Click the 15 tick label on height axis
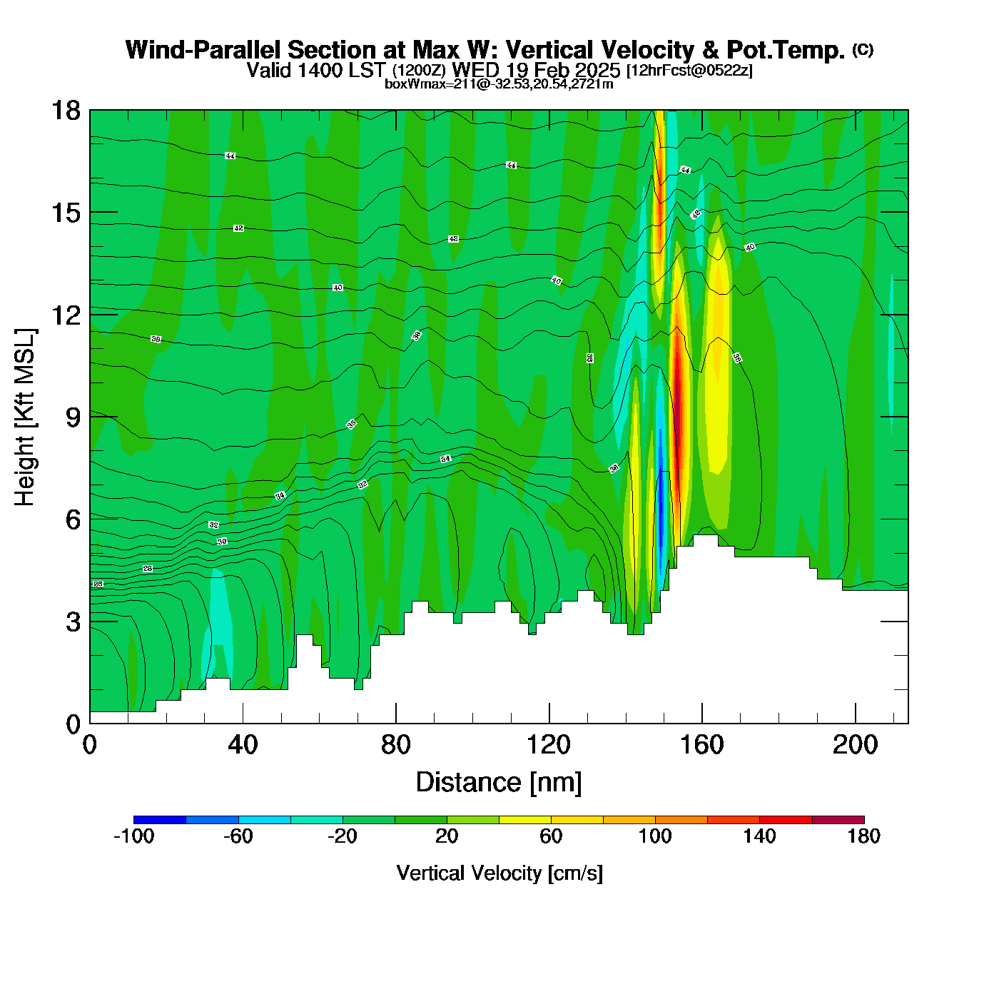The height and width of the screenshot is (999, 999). pyautogui.click(x=66, y=213)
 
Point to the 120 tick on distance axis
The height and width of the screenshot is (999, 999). pyautogui.click(x=549, y=745)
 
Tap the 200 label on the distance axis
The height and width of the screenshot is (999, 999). pyautogui.click(x=855, y=745)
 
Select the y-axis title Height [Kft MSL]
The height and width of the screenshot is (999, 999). pyautogui.click(x=26, y=417)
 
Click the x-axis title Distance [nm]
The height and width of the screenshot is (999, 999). pyautogui.click(x=499, y=783)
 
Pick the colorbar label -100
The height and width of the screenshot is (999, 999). pyautogui.click(x=133, y=836)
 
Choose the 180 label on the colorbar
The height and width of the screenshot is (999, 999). pyautogui.click(x=863, y=836)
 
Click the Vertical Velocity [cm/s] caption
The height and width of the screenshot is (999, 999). pyautogui.click(x=499, y=873)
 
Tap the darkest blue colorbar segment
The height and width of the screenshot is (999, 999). pyautogui.click(x=160, y=820)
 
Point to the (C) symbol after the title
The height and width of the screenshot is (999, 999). pyautogui.click(x=863, y=49)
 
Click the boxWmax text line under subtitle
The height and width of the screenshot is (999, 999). pyautogui.click(x=499, y=83)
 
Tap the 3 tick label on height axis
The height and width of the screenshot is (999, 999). pyautogui.click(x=73, y=622)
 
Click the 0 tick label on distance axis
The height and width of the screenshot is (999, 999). pyautogui.click(x=90, y=745)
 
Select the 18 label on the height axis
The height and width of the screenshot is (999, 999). pyautogui.click(x=66, y=111)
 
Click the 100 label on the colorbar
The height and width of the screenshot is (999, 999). pyautogui.click(x=655, y=836)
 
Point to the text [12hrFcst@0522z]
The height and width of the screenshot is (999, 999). pyautogui.click(x=689, y=71)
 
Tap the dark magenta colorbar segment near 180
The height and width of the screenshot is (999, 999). pyautogui.click(x=838, y=820)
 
